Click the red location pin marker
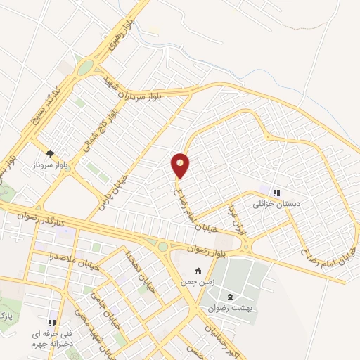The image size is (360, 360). click(180, 165)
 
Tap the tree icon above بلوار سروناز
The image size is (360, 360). click(50, 153)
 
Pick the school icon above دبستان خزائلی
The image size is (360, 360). click(276, 192)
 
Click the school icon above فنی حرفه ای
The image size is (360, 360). click(53, 322)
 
